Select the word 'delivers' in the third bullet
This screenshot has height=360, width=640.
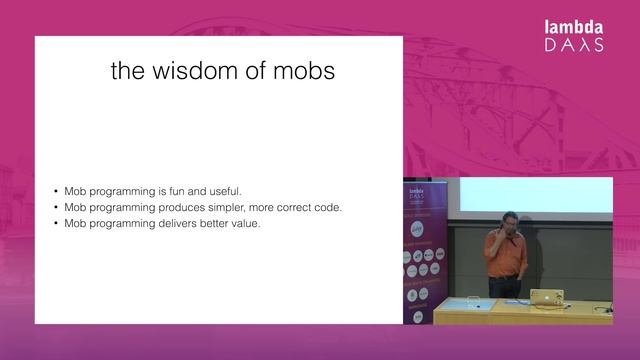178,223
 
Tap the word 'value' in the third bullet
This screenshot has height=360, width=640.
243,223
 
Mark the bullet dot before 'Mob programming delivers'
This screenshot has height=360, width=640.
56,224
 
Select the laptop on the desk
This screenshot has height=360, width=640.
546,297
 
